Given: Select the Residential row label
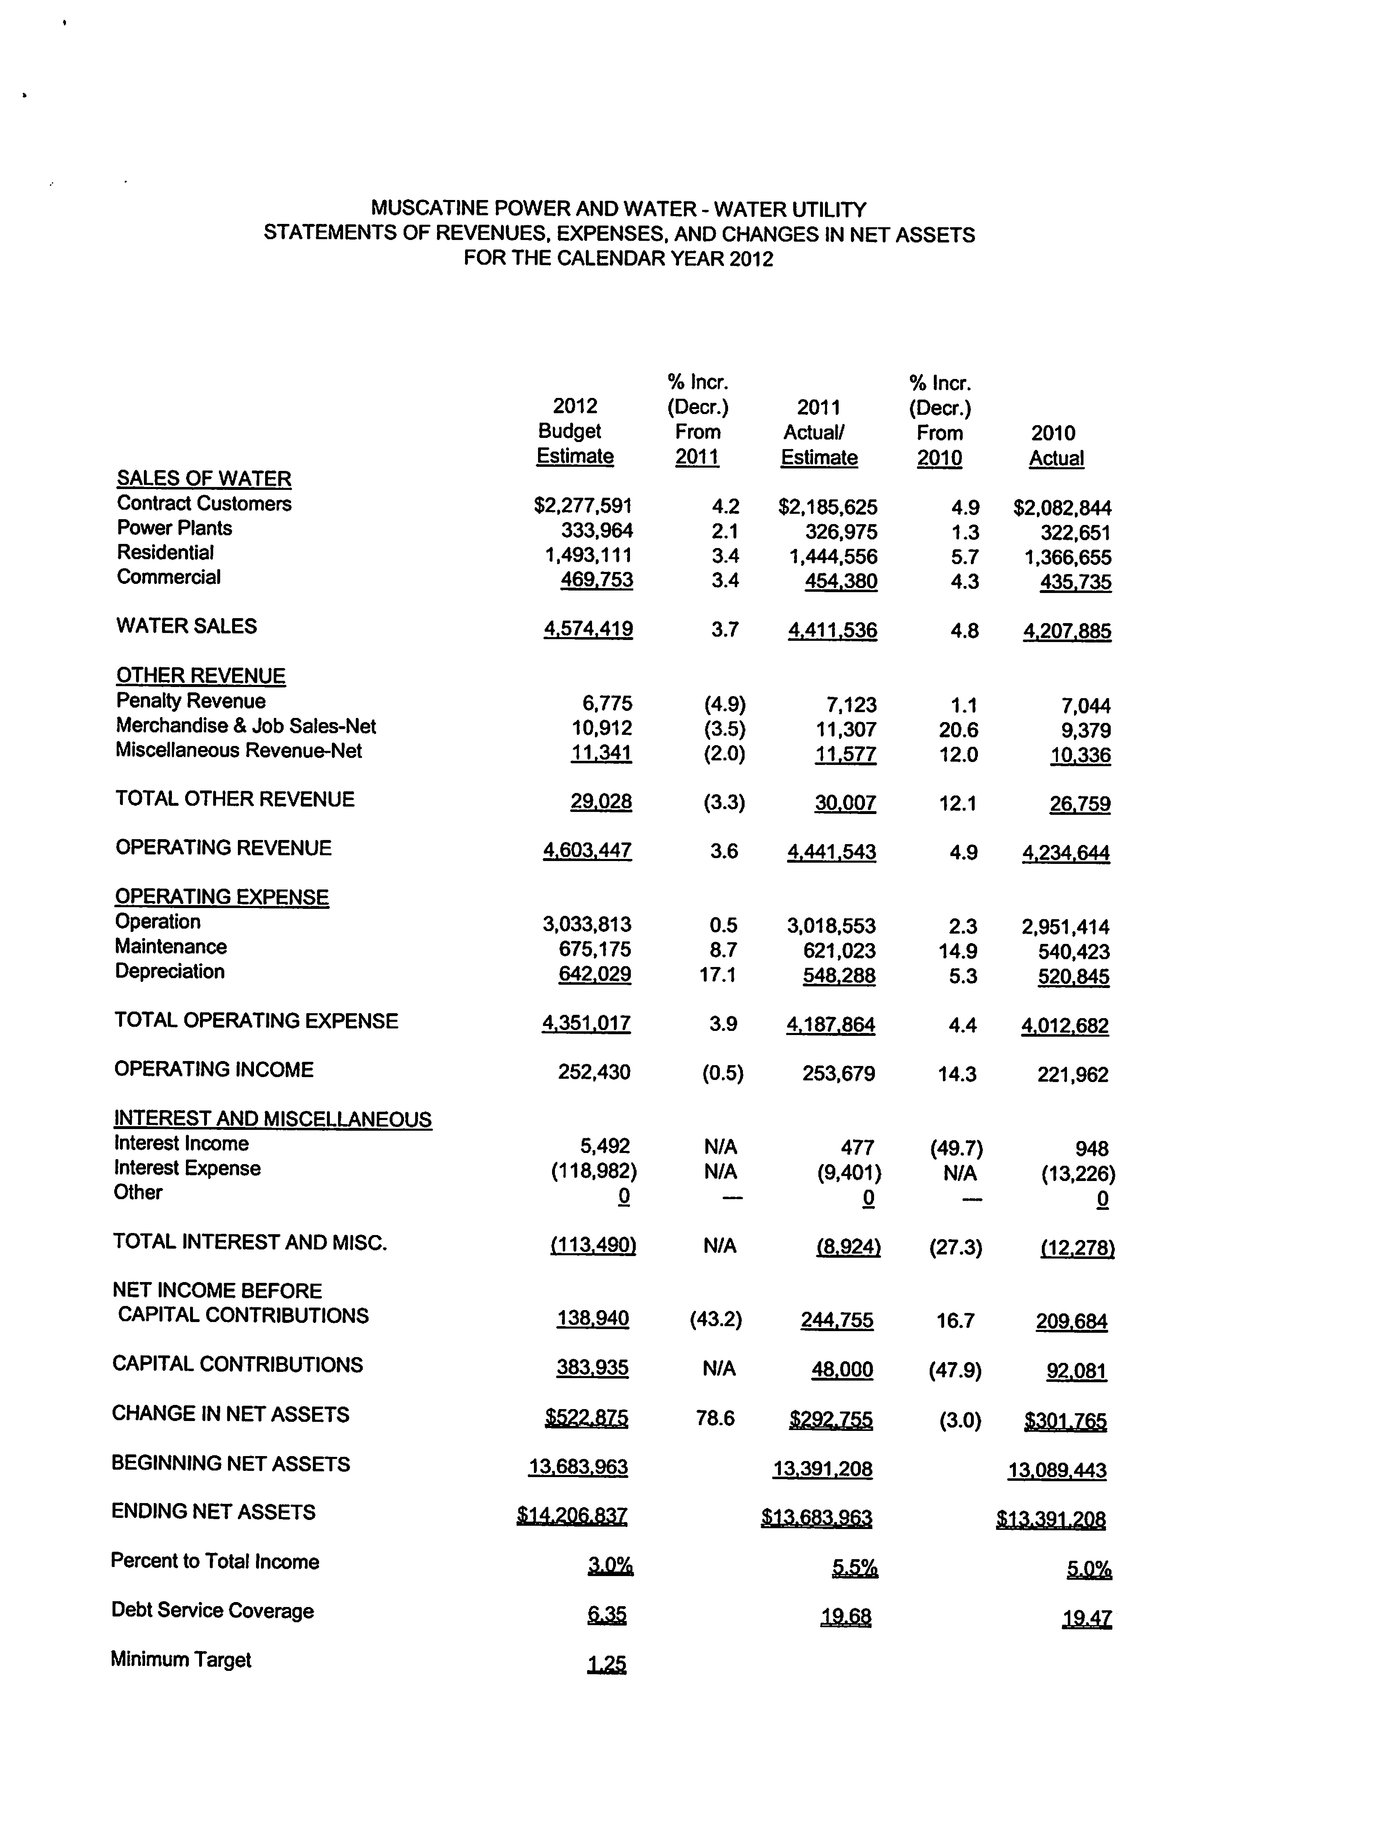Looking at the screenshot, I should (165, 553).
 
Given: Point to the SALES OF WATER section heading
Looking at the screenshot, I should (204, 479).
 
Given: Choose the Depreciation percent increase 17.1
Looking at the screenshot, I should (718, 974).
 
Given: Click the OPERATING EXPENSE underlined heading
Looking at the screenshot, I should (222, 897).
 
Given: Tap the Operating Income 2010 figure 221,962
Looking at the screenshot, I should (1073, 1075).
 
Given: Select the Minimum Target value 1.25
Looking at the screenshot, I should (606, 1664).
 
